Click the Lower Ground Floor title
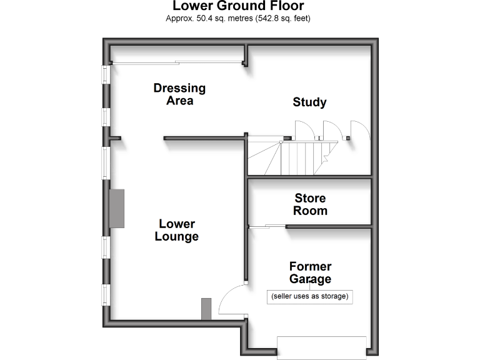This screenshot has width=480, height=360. click(238, 6)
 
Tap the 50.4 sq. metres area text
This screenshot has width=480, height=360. click(225, 18)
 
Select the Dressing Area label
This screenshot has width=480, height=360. click(180, 94)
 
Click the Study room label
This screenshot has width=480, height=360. click(309, 102)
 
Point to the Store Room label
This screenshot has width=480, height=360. click(310, 204)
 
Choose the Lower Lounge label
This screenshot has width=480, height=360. click(177, 230)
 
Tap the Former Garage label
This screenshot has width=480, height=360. click(310, 272)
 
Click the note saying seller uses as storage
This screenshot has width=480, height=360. click(310, 296)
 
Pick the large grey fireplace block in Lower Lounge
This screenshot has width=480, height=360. click(117, 209)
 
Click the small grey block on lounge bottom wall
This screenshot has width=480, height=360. click(206, 309)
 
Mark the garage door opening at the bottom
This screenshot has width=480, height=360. click(322, 347)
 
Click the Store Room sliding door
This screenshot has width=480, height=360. click(267, 226)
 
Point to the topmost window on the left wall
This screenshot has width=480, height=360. click(106, 74)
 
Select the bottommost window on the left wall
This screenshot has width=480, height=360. click(106, 295)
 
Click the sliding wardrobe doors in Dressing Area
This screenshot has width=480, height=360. click(177, 63)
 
